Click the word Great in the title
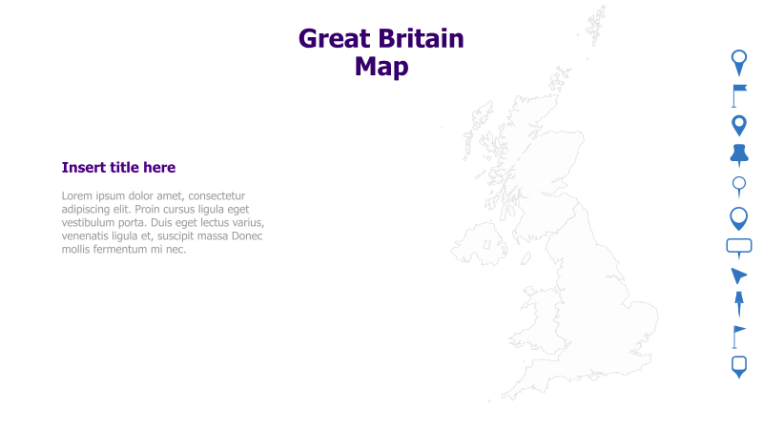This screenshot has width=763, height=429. pyautogui.click(x=334, y=39)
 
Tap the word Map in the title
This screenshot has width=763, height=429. pyautogui.click(x=381, y=67)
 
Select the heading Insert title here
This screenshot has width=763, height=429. pyautogui.click(x=118, y=168)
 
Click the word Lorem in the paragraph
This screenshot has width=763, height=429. pyautogui.click(x=79, y=195)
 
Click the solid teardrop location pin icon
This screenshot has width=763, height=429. pyautogui.click(x=739, y=125)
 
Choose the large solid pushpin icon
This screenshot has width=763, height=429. pyautogui.click(x=739, y=154)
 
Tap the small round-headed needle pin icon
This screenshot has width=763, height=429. pyautogui.click(x=739, y=186)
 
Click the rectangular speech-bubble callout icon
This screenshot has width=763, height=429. pyautogui.click(x=739, y=247)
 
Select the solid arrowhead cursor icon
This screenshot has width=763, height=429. pyautogui.click(x=738, y=276)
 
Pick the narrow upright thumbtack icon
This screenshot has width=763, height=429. pyautogui.click(x=739, y=304)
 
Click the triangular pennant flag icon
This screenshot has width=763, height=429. pyautogui.click(x=738, y=336)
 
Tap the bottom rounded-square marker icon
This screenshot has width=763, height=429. pyautogui.click(x=739, y=366)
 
